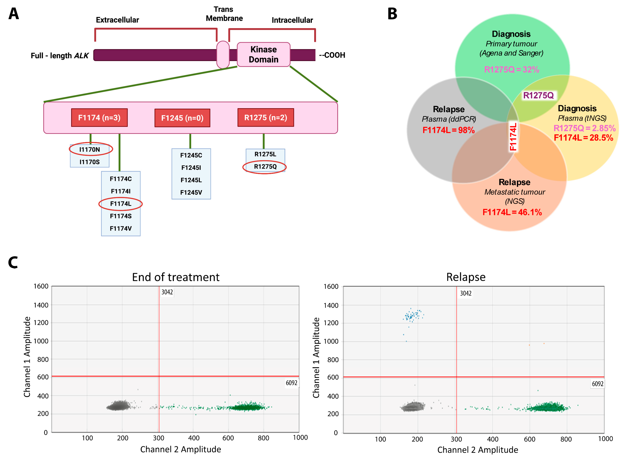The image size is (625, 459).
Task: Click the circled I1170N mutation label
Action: click(x=90, y=149)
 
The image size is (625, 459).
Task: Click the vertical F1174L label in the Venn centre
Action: click(x=513, y=137)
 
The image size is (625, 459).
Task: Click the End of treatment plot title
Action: click(x=176, y=277)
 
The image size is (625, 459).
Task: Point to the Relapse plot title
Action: click(x=466, y=277)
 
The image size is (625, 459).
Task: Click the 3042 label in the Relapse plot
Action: click(x=465, y=293)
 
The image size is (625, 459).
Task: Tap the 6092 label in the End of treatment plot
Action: click(x=291, y=383)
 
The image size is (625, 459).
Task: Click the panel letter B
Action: click(x=392, y=14)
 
